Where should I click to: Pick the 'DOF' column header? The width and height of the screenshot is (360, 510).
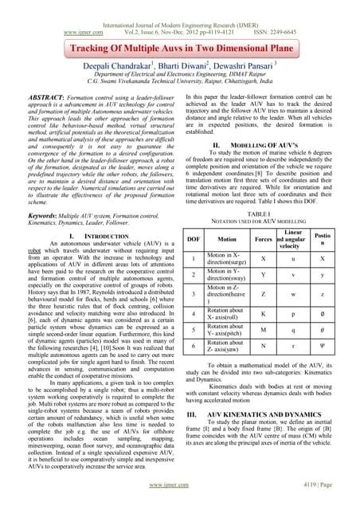(193, 238)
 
